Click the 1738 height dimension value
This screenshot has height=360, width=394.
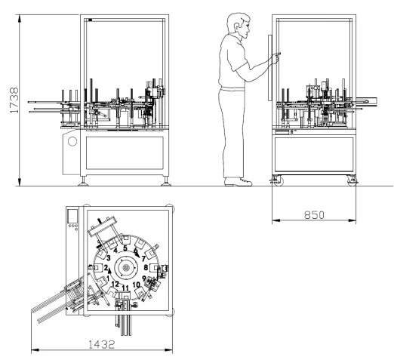click(14, 100)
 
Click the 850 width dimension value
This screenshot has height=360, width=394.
click(314, 215)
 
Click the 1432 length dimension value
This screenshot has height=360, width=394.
click(102, 344)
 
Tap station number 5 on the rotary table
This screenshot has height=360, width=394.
click(125, 248)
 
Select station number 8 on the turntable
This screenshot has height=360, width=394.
click(146, 267)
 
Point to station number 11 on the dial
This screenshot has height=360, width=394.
click(125, 288)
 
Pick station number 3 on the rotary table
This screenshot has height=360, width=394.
click(109, 258)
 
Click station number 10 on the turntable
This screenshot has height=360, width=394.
click(136, 285)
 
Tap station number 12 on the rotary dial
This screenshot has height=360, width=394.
click(115, 285)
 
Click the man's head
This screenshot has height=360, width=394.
click(239, 25)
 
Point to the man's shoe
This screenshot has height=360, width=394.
click(238, 182)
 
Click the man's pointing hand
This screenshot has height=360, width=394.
click(275, 57)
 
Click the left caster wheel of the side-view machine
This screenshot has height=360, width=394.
click(279, 181)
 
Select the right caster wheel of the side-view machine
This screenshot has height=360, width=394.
click(352, 181)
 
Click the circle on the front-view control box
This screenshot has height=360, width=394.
click(72, 141)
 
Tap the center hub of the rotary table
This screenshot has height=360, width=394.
click(126, 268)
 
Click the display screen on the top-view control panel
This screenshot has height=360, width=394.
click(72, 216)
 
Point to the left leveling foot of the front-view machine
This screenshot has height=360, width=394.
click(83, 182)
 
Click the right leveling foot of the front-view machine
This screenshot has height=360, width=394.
click(166, 182)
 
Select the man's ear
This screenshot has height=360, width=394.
click(236, 27)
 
